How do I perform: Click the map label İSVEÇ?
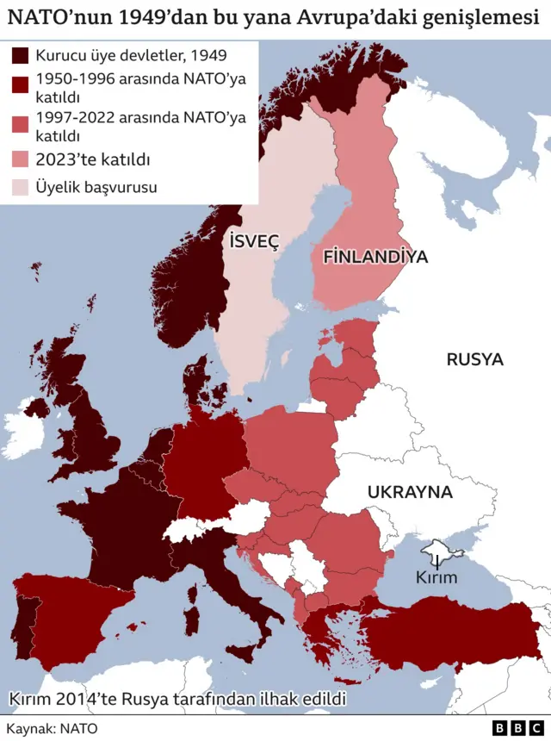pyautogui.click(x=255, y=242)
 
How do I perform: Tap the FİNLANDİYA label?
pyautogui.click(x=375, y=257)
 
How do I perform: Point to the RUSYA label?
pyautogui.click(x=474, y=360)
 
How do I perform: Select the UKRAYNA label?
pyautogui.click(x=410, y=493)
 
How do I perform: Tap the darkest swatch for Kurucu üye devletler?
pyautogui.click(x=20, y=56)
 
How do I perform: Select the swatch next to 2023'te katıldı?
pyautogui.click(x=20, y=159)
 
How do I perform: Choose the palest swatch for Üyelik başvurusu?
pyautogui.click(x=20, y=186)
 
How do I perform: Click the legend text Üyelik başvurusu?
pyautogui.click(x=96, y=186)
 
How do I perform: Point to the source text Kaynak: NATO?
pyautogui.click(x=52, y=728)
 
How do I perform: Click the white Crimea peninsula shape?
pyautogui.click(x=439, y=550)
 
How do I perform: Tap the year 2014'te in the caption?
pyautogui.click(x=85, y=699)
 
